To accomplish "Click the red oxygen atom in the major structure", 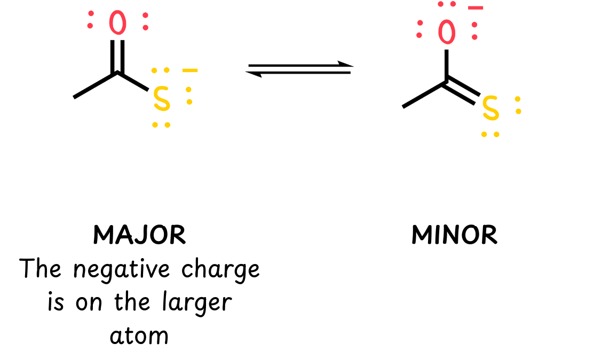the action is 117,23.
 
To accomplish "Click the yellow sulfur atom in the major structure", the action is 162,99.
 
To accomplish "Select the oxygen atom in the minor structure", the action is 447,32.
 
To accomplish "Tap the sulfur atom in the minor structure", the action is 491,108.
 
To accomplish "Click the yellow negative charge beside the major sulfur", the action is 190,70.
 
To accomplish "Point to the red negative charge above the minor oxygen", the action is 476,8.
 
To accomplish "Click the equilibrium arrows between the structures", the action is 299,69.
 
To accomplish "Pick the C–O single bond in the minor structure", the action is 447,65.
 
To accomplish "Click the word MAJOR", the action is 139,235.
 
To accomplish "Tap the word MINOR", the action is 454,235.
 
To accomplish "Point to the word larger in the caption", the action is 196,303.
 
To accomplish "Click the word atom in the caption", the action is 139,336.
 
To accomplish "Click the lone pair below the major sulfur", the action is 161,125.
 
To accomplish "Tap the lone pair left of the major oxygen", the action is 90,20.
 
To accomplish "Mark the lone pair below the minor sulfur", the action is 490,134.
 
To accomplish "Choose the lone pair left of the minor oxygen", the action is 419,29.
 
